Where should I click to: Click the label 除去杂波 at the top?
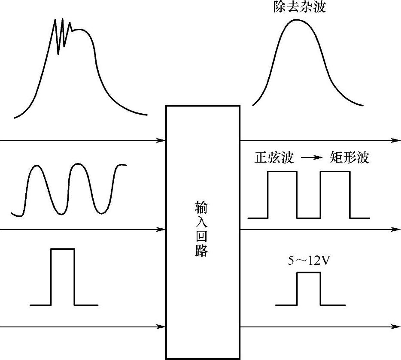tap(299, 6)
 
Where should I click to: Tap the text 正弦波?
tap(274, 157)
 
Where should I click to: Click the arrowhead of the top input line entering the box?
tap(162, 140)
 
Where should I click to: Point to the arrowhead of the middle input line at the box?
tap(162, 230)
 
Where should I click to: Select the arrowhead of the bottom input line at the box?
tap(162, 327)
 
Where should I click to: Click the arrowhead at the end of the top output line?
tap(396, 140)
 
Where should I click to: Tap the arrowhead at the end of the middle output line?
tap(396, 230)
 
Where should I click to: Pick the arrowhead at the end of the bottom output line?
tap(396, 327)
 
